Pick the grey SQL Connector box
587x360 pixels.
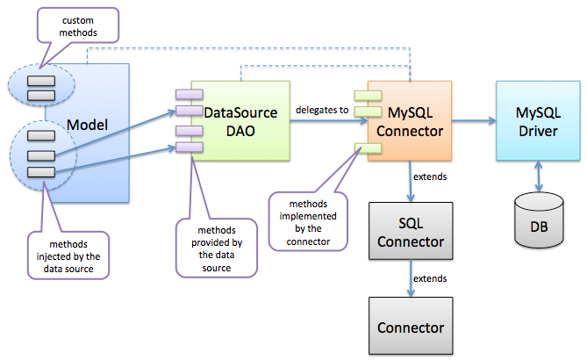point(411,230)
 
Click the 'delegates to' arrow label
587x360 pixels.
point(321,110)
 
